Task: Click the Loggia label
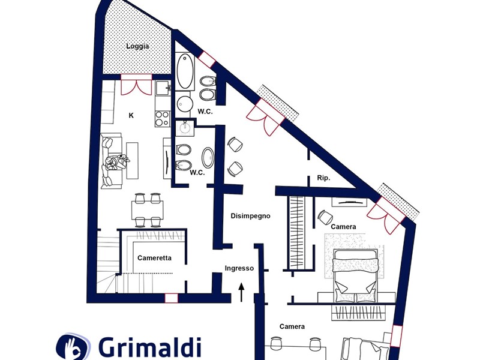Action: [x=137, y=46]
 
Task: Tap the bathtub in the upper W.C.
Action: [x=185, y=71]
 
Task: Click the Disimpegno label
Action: [x=250, y=216]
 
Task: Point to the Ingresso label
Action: [x=239, y=268]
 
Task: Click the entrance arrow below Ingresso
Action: [x=242, y=292]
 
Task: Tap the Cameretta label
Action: [x=155, y=258]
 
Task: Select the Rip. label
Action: [x=324, y=178]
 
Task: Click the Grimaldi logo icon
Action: [x=73, y=347]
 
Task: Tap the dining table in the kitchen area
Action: [x=148, y=210]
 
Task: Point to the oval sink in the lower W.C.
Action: [x=208, y=157]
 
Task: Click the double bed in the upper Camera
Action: [x=356, y=275]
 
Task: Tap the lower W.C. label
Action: [x=197, y=173]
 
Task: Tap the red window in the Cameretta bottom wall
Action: [x=172, y=298]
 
